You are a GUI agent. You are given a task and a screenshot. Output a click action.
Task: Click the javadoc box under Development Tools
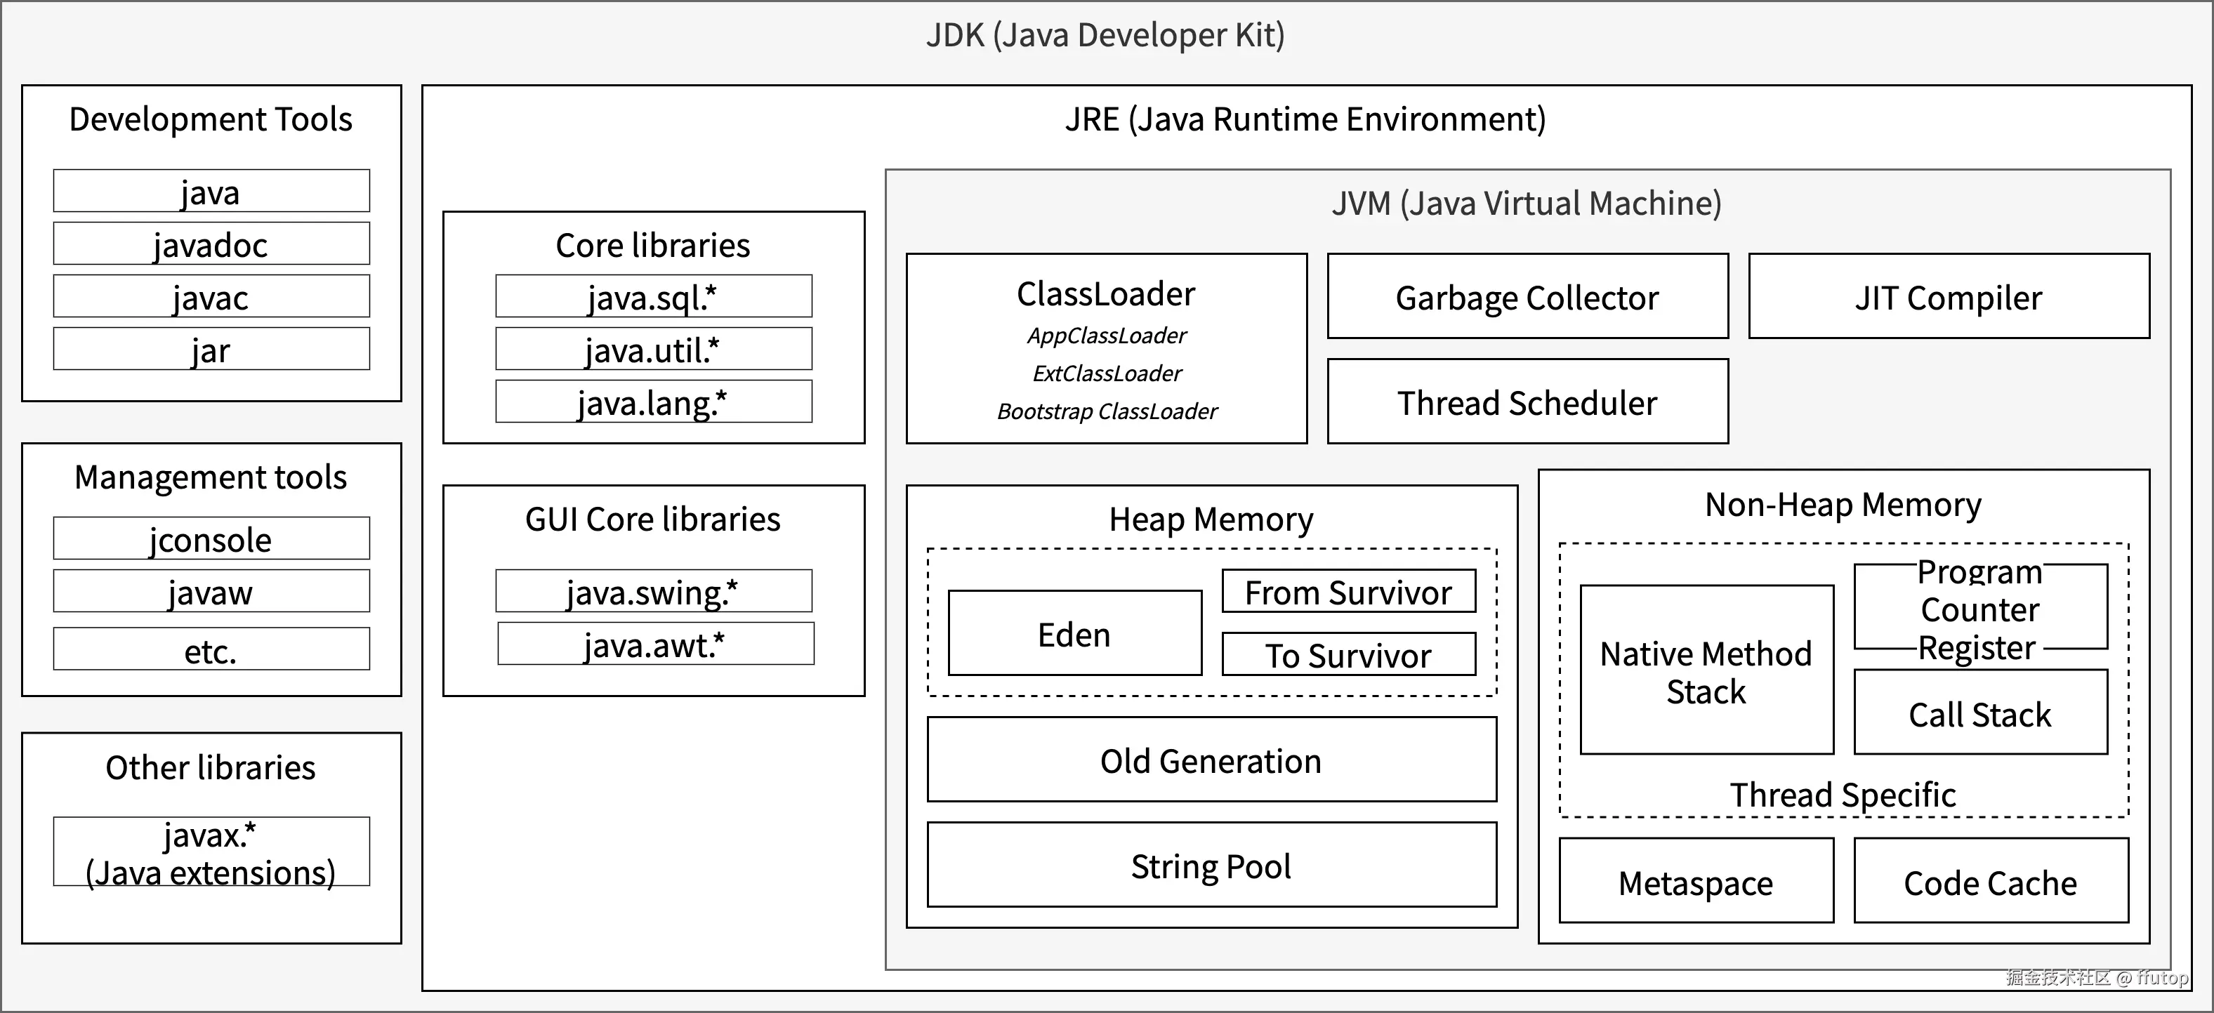coord(211,244)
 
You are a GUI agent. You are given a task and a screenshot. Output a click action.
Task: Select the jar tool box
coord(211,349)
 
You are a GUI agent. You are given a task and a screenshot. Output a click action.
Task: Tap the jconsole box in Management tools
coord(211,538)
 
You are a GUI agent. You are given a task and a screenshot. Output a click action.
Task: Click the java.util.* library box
coord(653,349)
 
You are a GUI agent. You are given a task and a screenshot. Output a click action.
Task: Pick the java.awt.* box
coord(655,644)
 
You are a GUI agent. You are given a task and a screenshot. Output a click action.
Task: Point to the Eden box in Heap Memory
coord(1074,633)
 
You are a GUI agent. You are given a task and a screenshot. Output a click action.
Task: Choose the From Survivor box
coord(1348,592)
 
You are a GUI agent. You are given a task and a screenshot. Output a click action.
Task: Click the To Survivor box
coord(1348,655)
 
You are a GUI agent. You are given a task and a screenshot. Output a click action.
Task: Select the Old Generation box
coord(1211,760)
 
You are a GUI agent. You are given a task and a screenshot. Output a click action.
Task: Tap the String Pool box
coord(1211,865)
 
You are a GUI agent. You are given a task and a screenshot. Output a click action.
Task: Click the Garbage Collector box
coord(1527,296)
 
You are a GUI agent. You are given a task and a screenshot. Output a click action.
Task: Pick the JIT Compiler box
coord(1949,296)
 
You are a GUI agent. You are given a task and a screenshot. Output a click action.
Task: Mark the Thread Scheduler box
coord(1527,402)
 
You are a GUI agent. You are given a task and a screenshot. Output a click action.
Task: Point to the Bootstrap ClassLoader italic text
coord(1107,411)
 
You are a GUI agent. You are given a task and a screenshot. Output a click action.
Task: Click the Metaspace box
coord(1696,882)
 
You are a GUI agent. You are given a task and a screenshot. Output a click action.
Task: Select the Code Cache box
coord(1991,882)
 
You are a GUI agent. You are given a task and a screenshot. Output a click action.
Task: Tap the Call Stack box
coord(1980,713)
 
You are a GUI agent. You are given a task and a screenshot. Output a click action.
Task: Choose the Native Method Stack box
coord(1706,671)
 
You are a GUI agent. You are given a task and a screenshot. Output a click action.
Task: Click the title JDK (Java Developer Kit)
coord(1105,35)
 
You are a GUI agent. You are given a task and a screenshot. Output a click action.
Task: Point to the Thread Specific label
coord(1843,795)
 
